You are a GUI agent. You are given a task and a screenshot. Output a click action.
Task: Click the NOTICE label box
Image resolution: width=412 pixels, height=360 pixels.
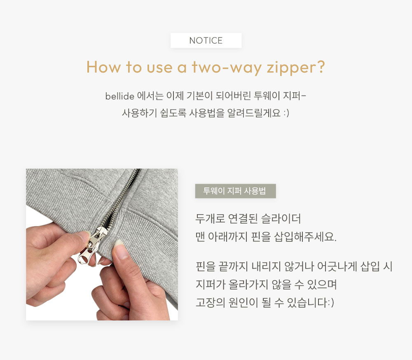[206, 40]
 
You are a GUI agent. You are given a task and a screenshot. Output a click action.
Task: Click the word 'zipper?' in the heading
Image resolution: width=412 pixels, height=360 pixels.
[296, 68]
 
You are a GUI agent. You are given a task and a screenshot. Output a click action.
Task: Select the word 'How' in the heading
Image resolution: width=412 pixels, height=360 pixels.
[103, 67]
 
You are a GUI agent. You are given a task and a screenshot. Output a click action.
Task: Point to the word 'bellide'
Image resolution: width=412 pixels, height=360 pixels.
[120, 96]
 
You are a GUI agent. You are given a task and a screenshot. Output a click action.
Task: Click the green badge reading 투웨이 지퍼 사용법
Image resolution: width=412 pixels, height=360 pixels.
[235, 191]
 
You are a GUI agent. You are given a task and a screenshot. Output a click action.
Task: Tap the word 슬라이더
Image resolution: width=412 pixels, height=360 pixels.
[281, 219]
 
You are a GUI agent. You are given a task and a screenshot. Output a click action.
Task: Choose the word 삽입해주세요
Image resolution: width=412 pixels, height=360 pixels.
[305, 237]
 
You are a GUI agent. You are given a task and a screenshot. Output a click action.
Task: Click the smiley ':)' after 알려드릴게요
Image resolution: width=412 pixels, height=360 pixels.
[286, 113]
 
